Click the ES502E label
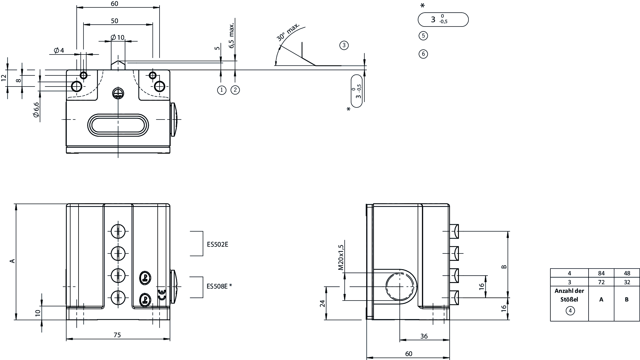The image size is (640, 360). click(x=217, y=245)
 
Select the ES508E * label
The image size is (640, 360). click(x=219, y=286)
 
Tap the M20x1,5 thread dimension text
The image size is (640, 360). click(x=341, y=257)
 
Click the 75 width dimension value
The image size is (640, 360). click(x=117, y=335)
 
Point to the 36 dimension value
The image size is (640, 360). click(x=424, y=336)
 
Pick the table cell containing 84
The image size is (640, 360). click(x=601, y=273)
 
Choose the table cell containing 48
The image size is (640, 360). click(x=627, y=273)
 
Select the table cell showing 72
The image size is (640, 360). click(x=601, y=282)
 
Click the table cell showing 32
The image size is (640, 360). click(x=627, y=282)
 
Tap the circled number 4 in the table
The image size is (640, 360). click(x=570, y=311)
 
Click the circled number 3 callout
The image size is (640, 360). click(x=344, y=46)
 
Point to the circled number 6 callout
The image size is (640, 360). click(x=423, y=54)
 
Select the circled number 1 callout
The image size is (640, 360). click(x=221, y=90)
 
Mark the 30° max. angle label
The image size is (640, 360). click(x=288, y=32)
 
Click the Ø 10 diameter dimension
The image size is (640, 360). click(x=117, y=38)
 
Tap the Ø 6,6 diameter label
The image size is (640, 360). click(x=36, y=110)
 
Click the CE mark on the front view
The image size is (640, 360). click(x=161, y=295)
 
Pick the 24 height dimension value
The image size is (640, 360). click(x=322, y=303)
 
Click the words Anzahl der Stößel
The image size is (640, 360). click(x=569, y=295)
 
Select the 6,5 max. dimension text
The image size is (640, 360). click(x=232, y=35)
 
